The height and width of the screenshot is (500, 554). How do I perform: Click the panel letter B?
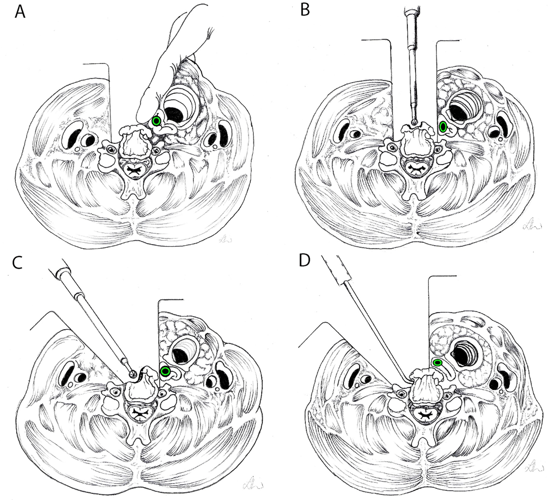pyautogui.click(x=305, y=10)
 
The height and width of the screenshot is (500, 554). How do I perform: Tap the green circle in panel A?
pyautogui.click(x=156, y=121)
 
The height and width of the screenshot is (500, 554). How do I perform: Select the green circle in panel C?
pyautogui.click(x=165, y=371)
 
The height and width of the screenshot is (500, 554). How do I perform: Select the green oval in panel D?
pyautogui.click(x=438, y=362)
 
